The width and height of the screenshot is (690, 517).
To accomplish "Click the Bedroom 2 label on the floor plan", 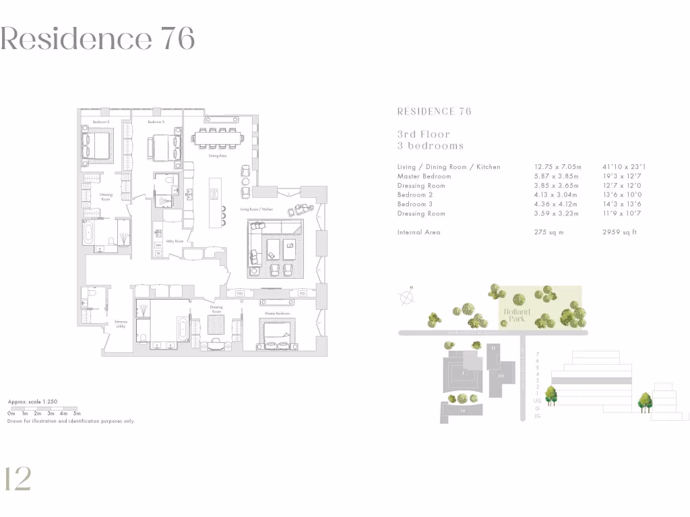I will coord(101,122).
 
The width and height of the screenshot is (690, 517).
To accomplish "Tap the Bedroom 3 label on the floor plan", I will coord(156,122).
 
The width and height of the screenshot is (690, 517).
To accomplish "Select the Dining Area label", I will coord(217,156).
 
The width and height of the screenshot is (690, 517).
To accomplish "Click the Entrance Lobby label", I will coord(121,324).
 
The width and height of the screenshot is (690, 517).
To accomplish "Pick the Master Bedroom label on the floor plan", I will coord(277,314).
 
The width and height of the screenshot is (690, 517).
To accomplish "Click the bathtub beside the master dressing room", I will coord(184,329).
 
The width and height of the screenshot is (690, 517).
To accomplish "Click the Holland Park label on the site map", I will coord(515,315).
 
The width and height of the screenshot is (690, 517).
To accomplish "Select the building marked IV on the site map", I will coord(462,408).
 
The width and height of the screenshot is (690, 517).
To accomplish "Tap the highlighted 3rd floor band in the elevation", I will coord(592,381).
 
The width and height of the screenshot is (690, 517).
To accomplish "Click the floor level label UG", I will coord(537,401).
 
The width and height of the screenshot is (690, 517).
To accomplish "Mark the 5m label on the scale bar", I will coord(77,413).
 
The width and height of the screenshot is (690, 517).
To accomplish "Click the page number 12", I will coord(18,479).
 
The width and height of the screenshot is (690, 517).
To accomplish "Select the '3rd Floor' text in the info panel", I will coord(423,135).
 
